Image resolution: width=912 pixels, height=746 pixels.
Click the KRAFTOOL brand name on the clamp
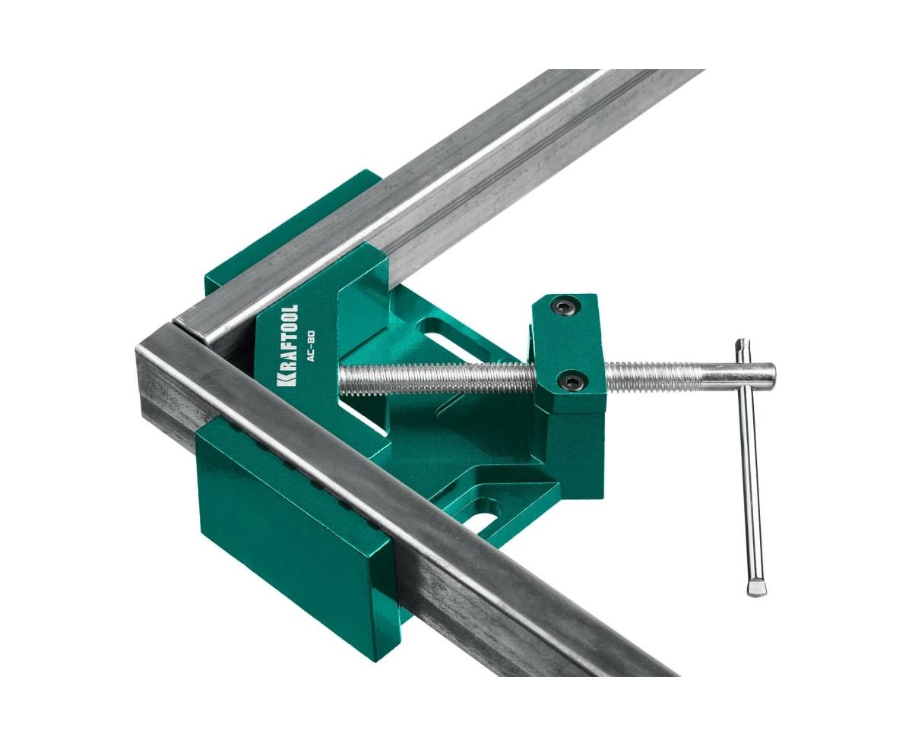click(x=287, y=346)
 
